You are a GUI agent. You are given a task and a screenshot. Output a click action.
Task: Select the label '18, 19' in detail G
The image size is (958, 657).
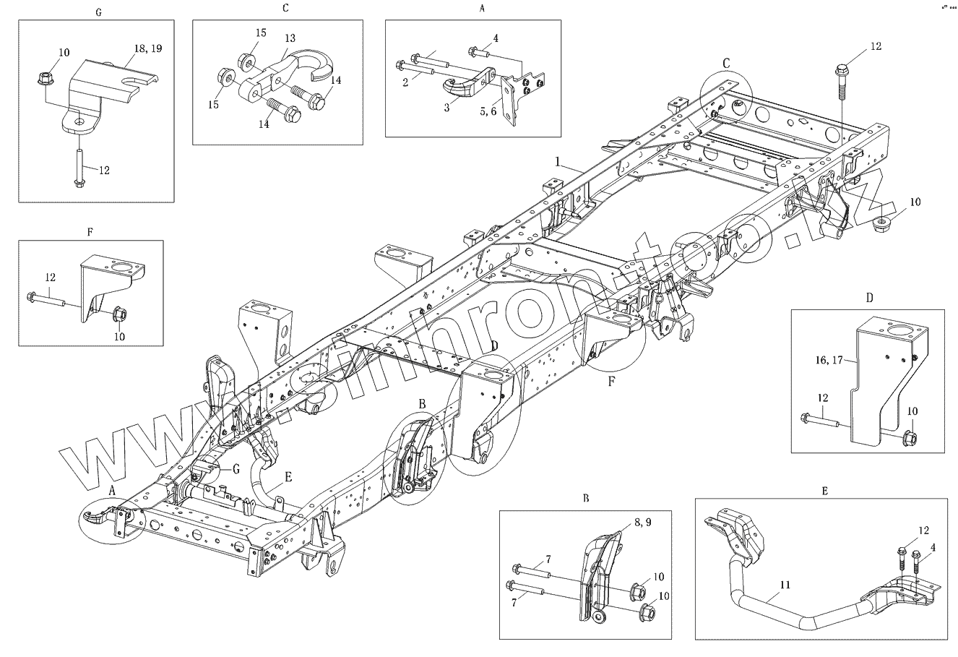[x=148, y=48]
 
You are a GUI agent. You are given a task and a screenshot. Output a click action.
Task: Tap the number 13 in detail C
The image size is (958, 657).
[x=290, y=38]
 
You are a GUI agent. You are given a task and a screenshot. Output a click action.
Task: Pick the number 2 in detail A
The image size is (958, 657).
[x=406, y=82]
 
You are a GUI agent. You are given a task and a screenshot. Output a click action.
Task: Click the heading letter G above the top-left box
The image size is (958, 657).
[x=98, y=13]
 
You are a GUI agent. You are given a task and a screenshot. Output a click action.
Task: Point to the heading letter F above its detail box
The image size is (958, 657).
[x=90, y=232]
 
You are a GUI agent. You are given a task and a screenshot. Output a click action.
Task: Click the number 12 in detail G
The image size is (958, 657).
[x=103, y=170]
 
